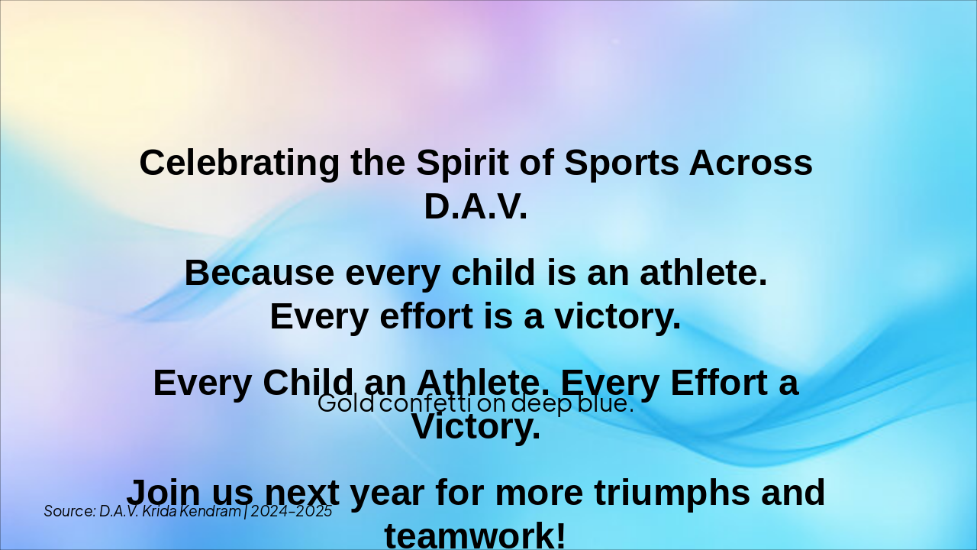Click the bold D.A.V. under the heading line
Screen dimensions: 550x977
coord(476,206)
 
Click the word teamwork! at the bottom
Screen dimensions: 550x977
coord(475,535)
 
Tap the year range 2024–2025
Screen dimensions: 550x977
coord(291,511)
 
